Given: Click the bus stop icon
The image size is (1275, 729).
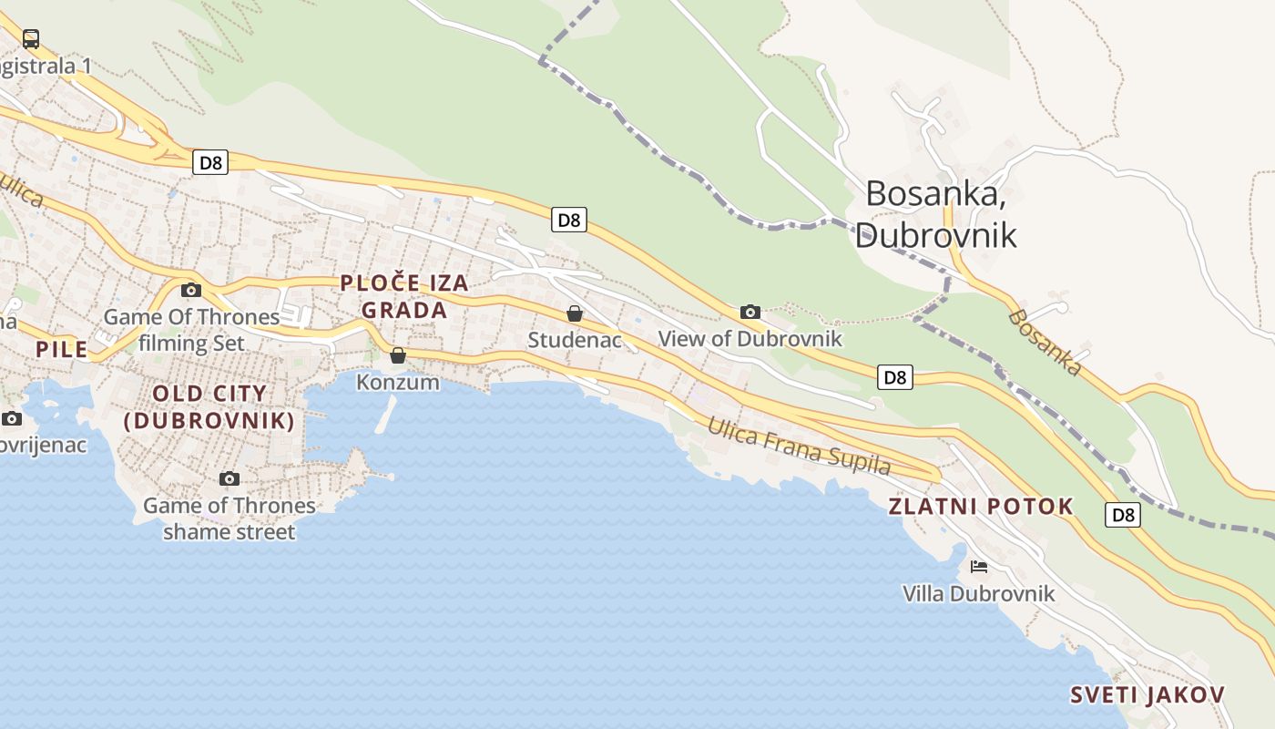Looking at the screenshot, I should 31,39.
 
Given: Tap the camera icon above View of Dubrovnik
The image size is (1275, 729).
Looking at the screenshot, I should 750,313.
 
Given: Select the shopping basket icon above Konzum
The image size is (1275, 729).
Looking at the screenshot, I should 398,355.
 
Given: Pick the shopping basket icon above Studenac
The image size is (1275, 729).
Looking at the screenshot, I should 575,314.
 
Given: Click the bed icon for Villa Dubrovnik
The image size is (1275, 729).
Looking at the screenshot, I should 979,567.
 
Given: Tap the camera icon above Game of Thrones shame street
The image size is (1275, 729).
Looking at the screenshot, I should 229,479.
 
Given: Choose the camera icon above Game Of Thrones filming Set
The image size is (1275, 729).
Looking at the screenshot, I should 191,291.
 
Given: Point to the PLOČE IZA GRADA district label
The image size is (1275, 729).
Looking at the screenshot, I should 404,296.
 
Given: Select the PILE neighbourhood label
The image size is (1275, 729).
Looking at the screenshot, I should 62,349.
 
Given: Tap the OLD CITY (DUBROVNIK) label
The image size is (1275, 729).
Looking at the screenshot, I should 209,407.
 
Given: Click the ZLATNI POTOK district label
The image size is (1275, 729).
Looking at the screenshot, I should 981,507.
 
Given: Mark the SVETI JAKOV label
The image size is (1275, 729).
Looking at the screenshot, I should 1147,695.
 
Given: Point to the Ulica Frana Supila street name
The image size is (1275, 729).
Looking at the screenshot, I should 799,447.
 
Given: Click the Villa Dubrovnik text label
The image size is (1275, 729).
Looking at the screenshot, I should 978,594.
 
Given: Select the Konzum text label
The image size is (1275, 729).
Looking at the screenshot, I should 398,382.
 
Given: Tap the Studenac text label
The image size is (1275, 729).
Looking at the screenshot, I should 575,341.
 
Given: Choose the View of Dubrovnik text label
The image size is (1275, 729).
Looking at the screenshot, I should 750,339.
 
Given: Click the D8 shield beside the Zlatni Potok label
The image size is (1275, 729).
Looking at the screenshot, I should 1124,515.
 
